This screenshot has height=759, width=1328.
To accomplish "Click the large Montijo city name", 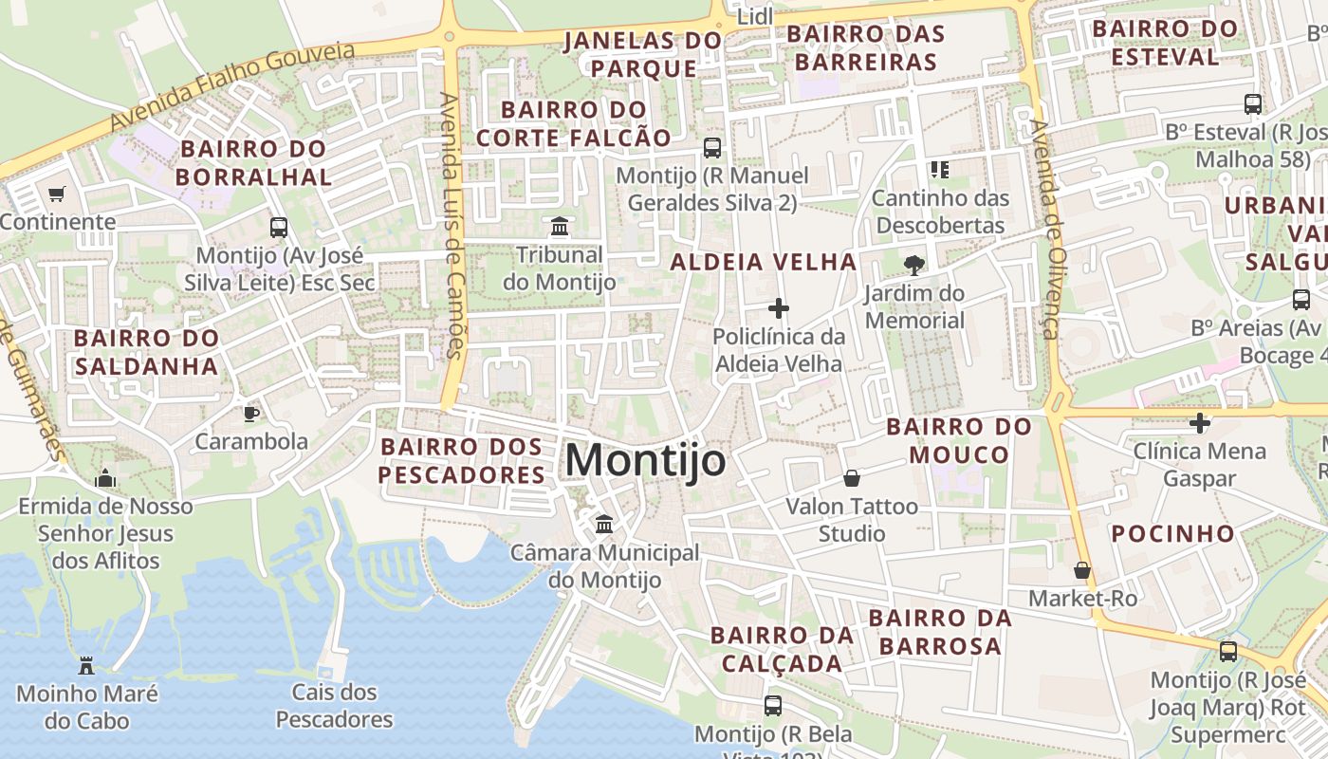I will (645, 461).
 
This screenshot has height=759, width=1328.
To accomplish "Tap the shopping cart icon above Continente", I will (56, 194).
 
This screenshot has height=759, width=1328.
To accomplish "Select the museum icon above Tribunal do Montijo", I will (560, 227).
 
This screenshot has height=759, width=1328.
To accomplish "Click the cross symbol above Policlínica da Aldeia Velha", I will (779, 308).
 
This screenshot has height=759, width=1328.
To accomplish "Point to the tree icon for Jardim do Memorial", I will (914, 265).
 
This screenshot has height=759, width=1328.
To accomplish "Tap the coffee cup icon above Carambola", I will (250, 413).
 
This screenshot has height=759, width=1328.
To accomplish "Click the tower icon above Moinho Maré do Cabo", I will (86, 665).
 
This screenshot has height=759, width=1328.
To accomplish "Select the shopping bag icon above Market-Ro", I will (1082, 570).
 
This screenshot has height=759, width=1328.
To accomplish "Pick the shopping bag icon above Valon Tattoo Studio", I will (852, 478).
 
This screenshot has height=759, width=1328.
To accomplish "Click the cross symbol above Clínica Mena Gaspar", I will (1200, 422).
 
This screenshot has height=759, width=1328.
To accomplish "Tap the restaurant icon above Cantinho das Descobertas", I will (940, 170).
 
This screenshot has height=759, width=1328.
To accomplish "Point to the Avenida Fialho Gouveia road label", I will (232, 86).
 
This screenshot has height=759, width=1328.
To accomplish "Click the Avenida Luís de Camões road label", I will (452, 225).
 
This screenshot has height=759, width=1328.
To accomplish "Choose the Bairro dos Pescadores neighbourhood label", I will (462, 460).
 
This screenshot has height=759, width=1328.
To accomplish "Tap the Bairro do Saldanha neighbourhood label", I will (146, 352).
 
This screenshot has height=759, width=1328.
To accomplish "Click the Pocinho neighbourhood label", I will (1173, 533).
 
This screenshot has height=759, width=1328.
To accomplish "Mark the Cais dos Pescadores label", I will (334, 706).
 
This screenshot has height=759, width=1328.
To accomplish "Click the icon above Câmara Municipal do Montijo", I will (604, 524).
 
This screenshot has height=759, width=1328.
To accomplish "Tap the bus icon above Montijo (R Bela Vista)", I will (773, 706).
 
